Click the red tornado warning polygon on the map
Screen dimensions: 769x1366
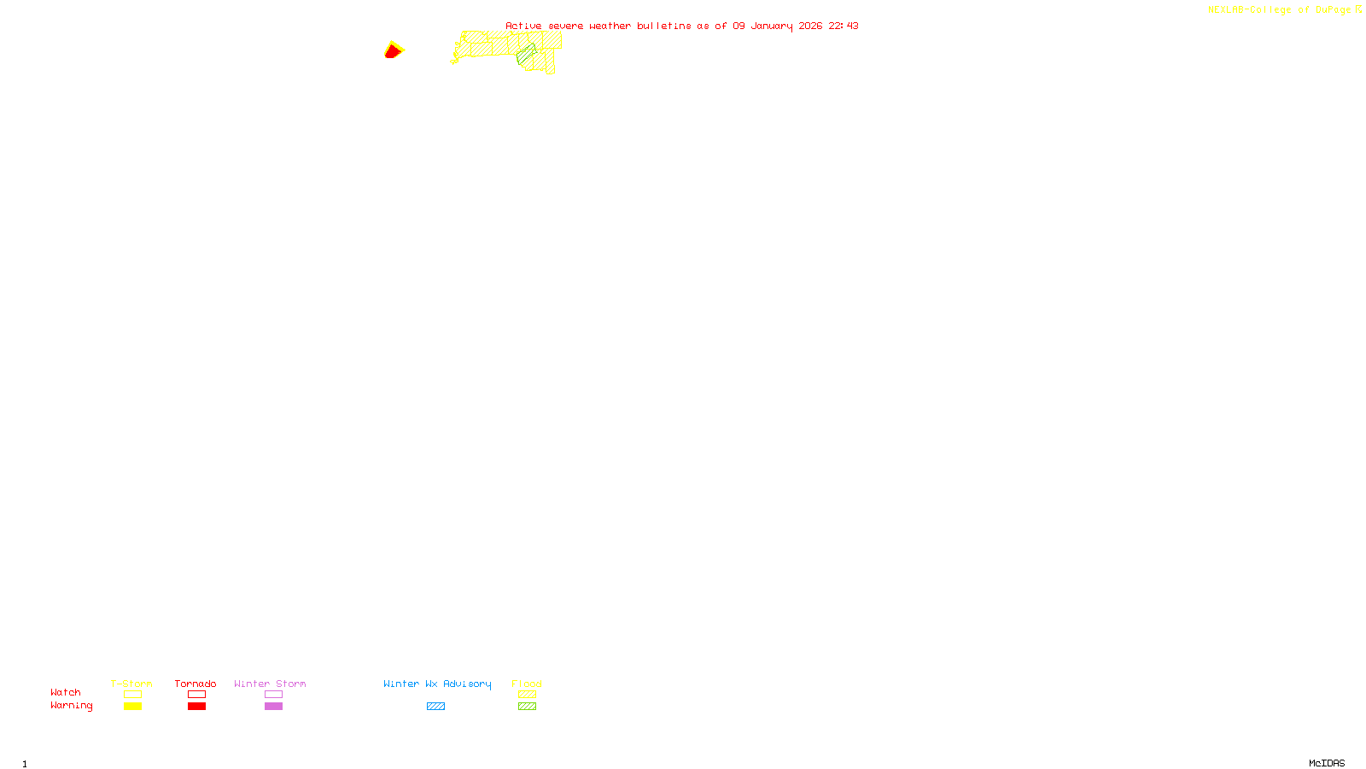point(392,52)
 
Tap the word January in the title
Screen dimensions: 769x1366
point(771,26)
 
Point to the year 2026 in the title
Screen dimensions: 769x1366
point(810,26)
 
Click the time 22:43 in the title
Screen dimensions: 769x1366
point(844,26)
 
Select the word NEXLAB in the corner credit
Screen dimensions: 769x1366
point(1226,9)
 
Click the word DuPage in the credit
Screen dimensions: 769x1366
point(1333,9)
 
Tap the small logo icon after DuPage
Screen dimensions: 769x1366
point(1358,9)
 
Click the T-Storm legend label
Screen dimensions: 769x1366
point(131,684)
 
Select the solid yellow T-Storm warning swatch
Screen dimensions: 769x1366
point(132,707)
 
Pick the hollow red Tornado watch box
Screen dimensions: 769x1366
point(196,695)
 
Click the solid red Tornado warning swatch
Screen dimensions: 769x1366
point(196,707)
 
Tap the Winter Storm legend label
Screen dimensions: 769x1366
point(270,684)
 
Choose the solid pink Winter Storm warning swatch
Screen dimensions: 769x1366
point(273,707)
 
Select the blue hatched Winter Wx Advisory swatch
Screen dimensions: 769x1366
point(435,707)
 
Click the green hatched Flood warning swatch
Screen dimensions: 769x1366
point(527,707)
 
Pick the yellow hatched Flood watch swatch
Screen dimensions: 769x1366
point(527,695)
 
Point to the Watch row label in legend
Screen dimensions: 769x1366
point(66,692)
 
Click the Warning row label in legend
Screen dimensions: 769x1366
point(71,706)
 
